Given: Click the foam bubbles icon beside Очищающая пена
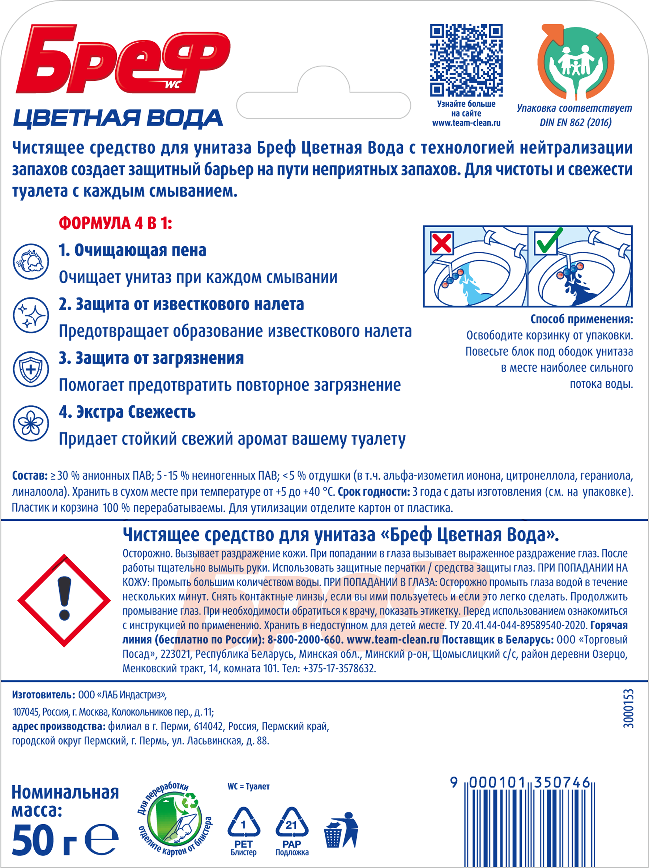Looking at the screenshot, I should [x=31, y=261].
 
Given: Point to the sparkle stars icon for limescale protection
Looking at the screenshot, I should [x=31, y=315].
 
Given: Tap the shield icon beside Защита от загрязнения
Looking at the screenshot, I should [x=31, y=369].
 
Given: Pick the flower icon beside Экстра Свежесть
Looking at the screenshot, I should [x=31, y=423].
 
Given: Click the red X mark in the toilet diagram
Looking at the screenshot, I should [x=442, y=243].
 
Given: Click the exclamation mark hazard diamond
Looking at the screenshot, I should [x=64, y=600].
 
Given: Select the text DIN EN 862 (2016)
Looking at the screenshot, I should [x=575, y=123].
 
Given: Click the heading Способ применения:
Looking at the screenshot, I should [x=581, y=319].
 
